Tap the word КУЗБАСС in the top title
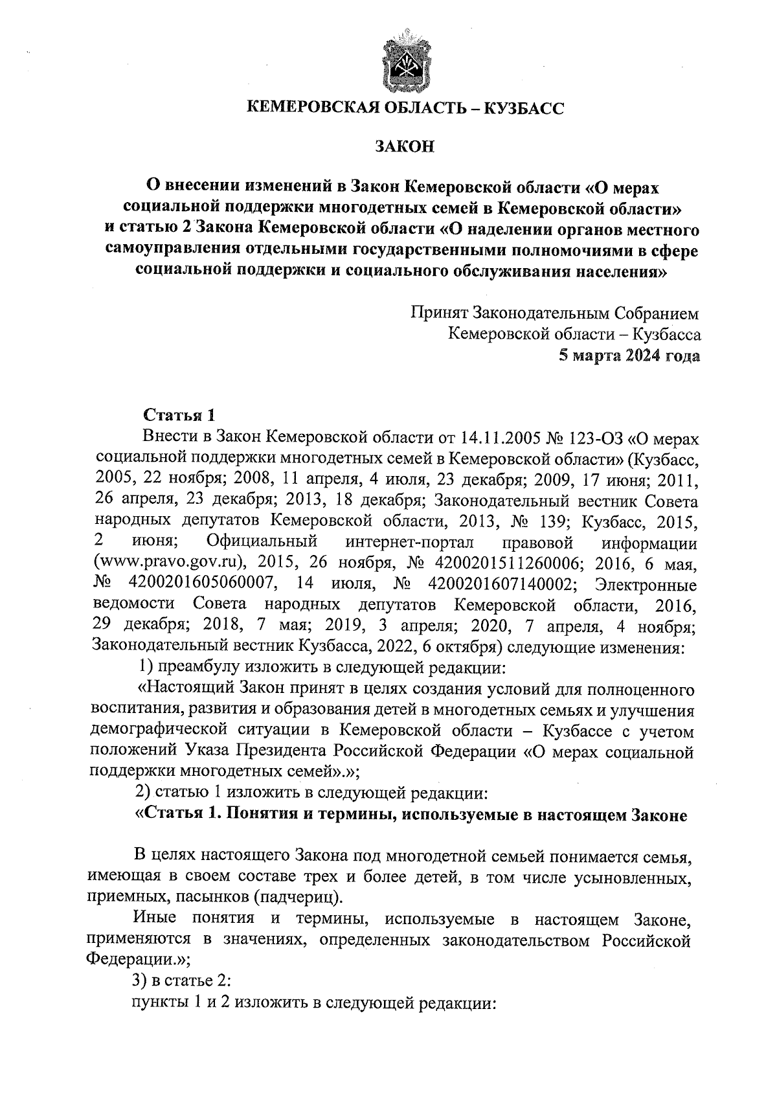[523, 108]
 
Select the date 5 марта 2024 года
[629, 356]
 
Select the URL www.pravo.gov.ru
[175, 565]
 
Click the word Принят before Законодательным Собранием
[440, 314]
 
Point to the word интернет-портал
[410, 544]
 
